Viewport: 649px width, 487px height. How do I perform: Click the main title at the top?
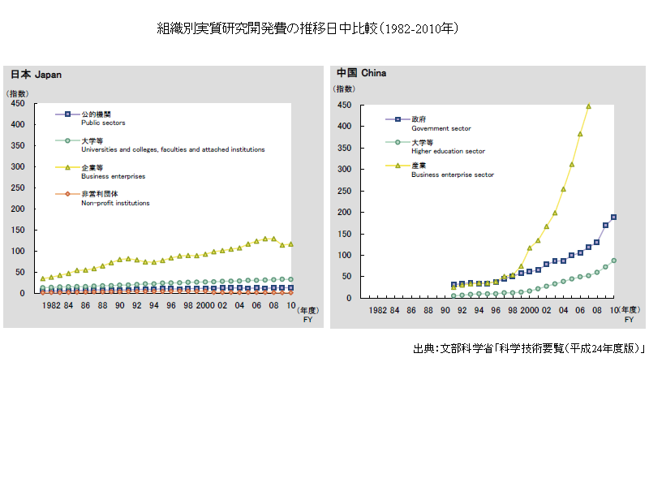coord(308,29)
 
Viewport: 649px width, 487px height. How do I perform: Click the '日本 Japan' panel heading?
coord(36,75)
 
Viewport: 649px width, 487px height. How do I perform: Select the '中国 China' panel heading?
coord(361,73)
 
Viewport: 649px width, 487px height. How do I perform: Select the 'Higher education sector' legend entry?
coord(447,146)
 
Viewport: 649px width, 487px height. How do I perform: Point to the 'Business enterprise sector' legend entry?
coord(452,170)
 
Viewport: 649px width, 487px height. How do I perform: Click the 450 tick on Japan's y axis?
coord(17,104)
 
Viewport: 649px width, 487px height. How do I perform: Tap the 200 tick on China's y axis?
coord(343,213)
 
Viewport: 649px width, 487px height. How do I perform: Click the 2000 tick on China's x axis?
coord(529,310)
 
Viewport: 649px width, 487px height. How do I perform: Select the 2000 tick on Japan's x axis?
coord(204,305)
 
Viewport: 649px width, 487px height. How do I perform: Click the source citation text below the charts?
coord(528,348)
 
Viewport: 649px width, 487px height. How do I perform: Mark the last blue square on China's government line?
coord(613,217)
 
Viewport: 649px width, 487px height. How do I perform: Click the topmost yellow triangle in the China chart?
coord(588,106)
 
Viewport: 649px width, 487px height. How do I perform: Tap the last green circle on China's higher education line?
coord(613,261)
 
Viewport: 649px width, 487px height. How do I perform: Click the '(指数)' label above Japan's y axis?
coord(17,94)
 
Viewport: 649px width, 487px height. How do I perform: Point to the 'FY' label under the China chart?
coord(629,320)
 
